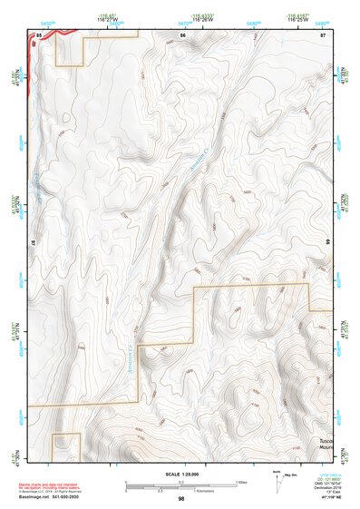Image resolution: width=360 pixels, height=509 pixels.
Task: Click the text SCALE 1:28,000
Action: (181, 475)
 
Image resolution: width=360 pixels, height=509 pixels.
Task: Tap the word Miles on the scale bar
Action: (240, 482)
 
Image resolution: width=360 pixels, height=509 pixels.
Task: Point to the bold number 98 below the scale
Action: (181, 500)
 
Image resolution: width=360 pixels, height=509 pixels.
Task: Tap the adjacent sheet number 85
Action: (39, 34)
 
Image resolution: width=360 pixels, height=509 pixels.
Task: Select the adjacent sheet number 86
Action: (182, 34)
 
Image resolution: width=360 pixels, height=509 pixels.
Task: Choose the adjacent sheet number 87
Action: (322, 34)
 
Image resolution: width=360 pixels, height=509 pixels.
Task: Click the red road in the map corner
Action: (50, 34)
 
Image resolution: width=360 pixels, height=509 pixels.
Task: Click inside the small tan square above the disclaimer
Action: (66, 445)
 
